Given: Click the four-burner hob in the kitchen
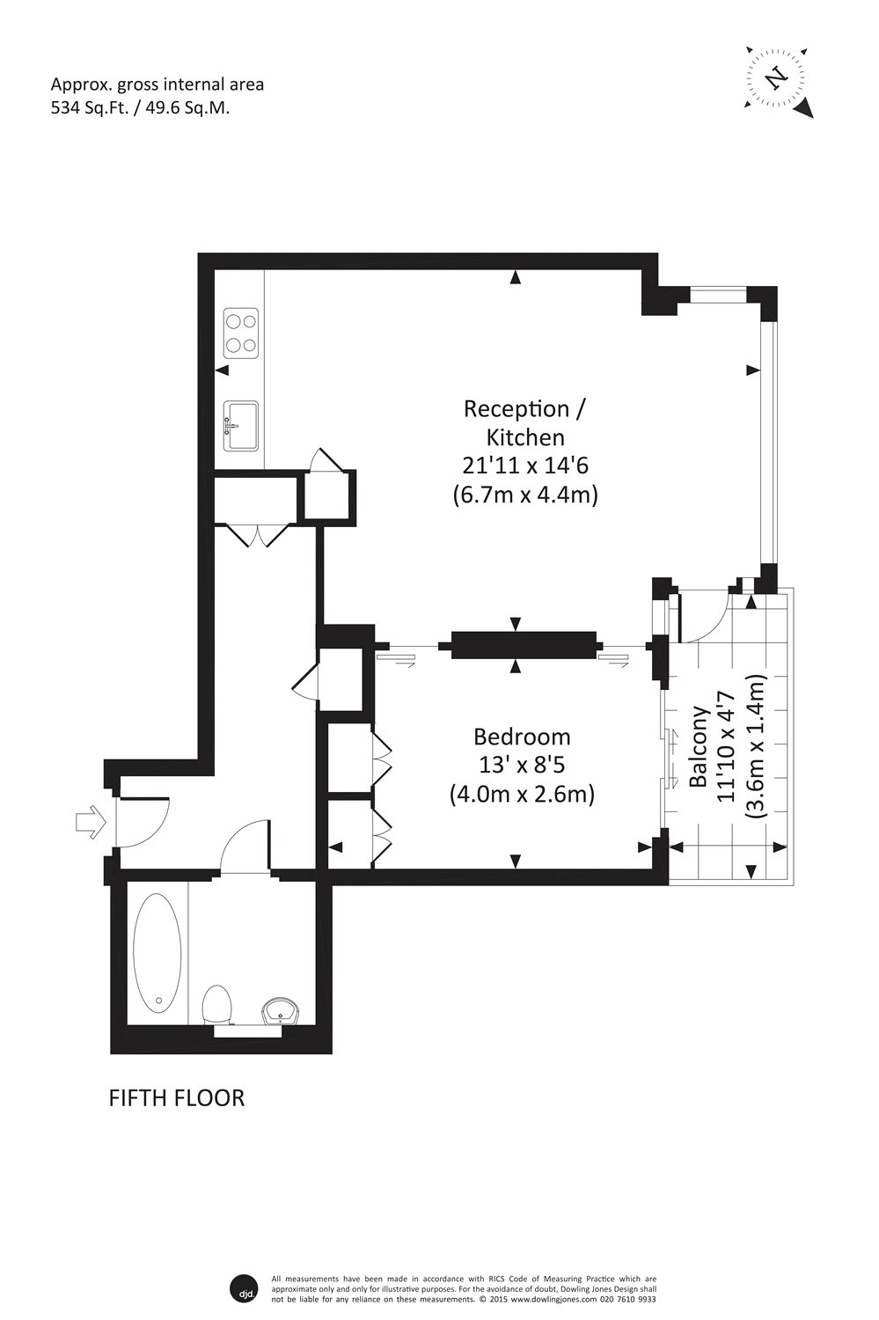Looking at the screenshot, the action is pyautogui.click(x=241, y=334).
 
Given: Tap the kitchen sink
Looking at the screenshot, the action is pyautogui.click(x=241, y=425).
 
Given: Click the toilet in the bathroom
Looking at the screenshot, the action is pyautogui.click(x=216, y=1006).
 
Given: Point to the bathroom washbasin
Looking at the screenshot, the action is pyautogui.click(x=281, y=1012).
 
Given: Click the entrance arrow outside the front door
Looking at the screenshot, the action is pyautogui.click(x=91, y=821).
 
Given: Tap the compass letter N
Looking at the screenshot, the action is pyautogui.click(x=776, y=77).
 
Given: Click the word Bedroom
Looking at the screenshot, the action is pyautogui.click(x=522, y=737).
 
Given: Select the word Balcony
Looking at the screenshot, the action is pyautogui.click(x=698, y=746).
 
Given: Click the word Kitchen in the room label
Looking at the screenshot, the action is pyautogui.click(x=525, y=437).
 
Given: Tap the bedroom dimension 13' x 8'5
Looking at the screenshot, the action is pyautogui.click(x=522, y=766).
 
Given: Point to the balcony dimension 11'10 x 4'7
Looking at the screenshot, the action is pyautogui.click(x=726, y=746).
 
